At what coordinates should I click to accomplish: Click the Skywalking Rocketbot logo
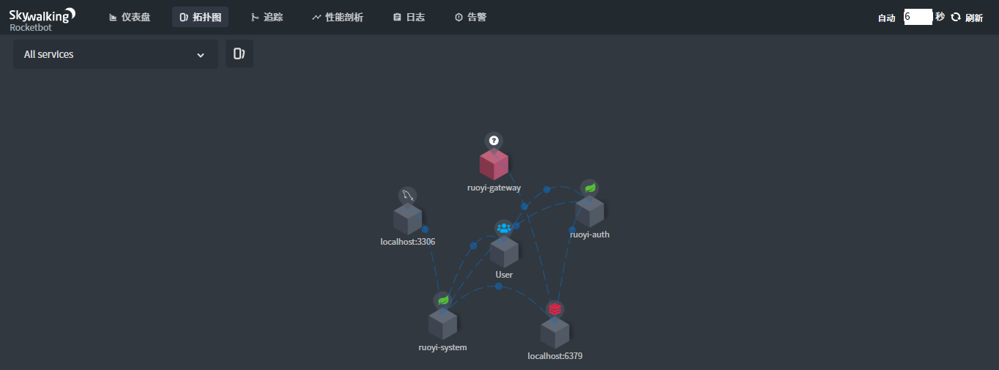[x=42, y=20]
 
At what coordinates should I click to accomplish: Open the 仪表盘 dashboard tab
[x=130, y=17]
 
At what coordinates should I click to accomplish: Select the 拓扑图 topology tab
[x=200, y=17]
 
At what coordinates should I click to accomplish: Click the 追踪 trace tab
[x=267, y=17]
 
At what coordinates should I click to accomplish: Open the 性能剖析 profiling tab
[x=337, y=17]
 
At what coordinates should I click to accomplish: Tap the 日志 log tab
[x=409, y=17]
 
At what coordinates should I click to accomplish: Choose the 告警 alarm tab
[x=470, y=17]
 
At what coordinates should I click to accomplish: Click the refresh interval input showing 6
[x=918, y=17]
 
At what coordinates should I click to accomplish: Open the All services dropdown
[x=116, y=54]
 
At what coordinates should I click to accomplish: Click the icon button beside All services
[x=239, y=53]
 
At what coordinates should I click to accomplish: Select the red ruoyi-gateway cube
[x=494, y=164]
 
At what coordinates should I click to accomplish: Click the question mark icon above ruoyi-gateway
[x=494, y=141]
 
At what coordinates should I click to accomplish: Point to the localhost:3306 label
[x=408, y=242]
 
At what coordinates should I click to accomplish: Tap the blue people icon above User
[x=504, y=228]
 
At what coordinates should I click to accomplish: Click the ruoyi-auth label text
[x=590, y=234]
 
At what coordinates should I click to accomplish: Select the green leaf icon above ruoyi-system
[x=443, y=300]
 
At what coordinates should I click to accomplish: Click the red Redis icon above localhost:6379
[x=555, y=308]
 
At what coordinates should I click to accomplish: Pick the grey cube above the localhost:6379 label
[x=555, y=333]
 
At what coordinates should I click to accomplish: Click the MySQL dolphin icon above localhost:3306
[x=408, y=195]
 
